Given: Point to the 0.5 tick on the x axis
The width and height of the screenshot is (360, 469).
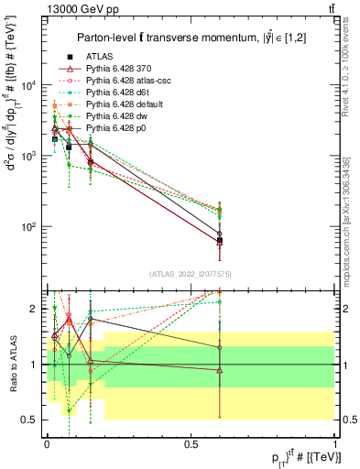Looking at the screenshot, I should click(x=191, y=442).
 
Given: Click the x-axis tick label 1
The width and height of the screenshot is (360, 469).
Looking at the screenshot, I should click(x=335, y=442).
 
